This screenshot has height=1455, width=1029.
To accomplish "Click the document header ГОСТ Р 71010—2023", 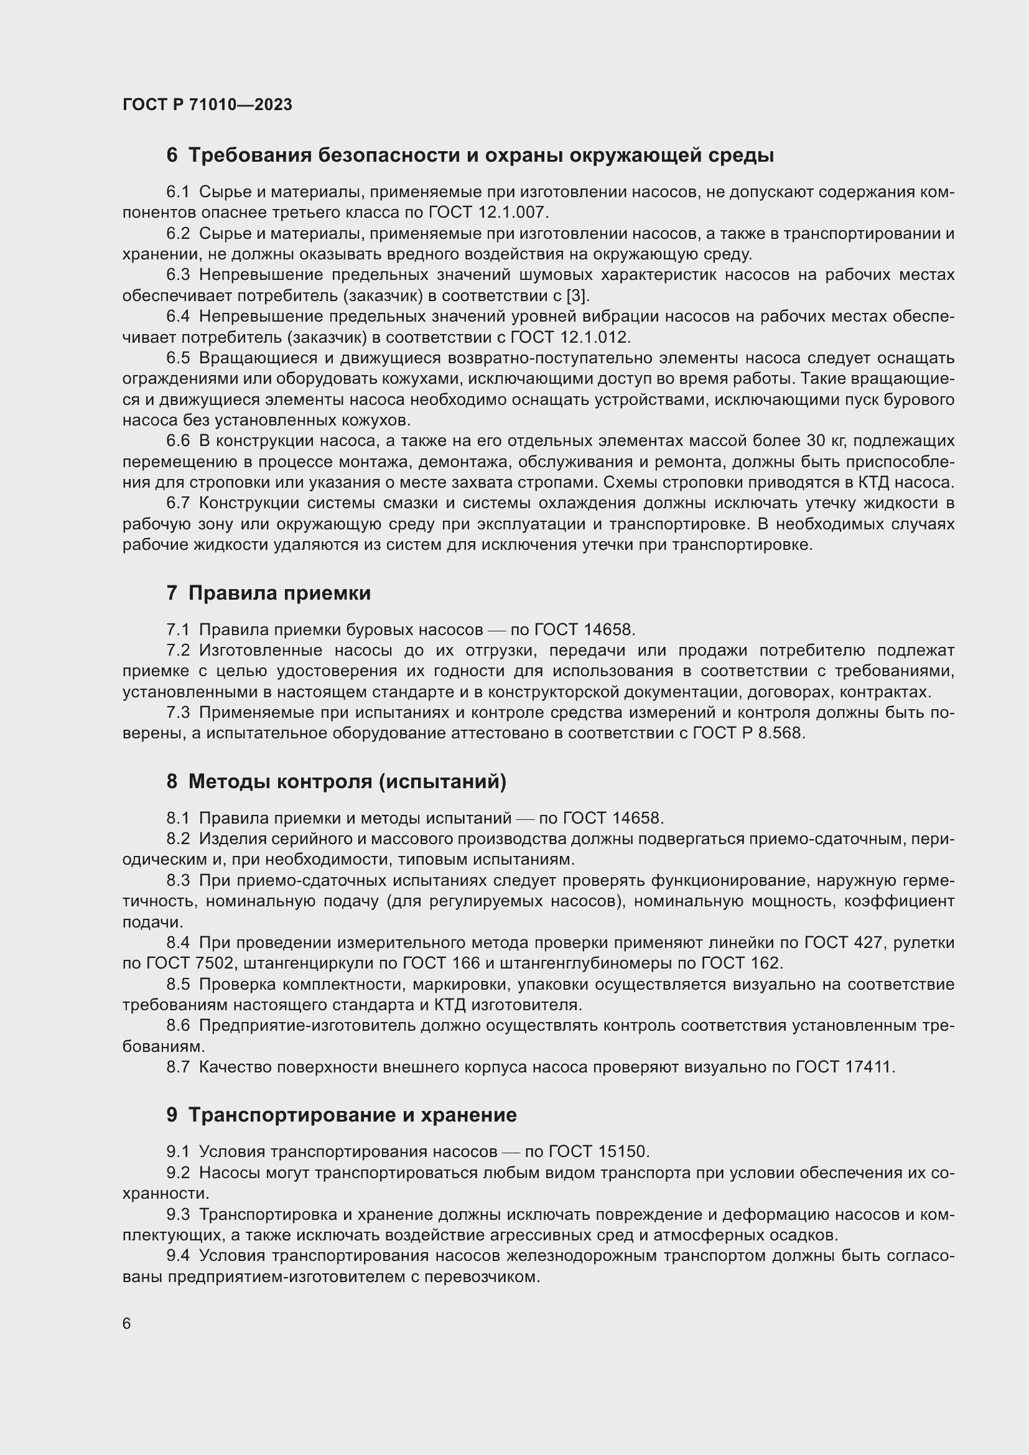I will click(207, 105).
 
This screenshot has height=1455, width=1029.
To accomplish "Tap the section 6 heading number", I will click(172, 156).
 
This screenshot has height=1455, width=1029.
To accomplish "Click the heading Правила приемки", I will click(279, 593).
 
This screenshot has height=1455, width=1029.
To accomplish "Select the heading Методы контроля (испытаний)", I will click(347, 782).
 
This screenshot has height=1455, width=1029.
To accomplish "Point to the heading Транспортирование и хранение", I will click(352, 1115).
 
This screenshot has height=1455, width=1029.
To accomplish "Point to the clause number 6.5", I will click(178, 358).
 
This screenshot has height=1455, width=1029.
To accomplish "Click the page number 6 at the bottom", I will click(127, 1324).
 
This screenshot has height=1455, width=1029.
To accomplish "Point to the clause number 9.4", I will click(178, 1255).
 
